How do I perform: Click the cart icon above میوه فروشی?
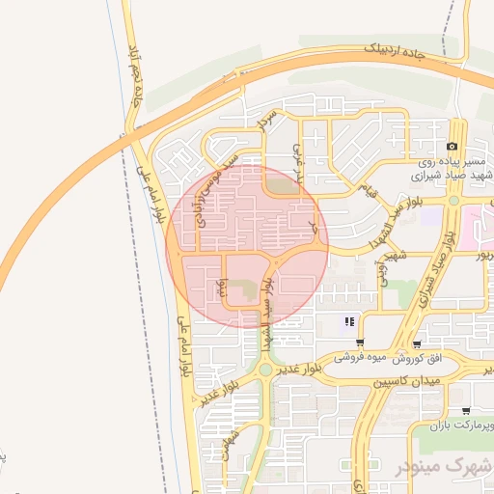360,343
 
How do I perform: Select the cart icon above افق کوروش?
416,343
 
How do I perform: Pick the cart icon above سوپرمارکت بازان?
466,411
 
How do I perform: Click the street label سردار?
267,121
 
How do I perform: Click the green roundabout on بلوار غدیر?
265,369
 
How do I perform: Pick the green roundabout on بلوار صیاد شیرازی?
453,201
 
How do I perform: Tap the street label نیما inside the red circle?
221,286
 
